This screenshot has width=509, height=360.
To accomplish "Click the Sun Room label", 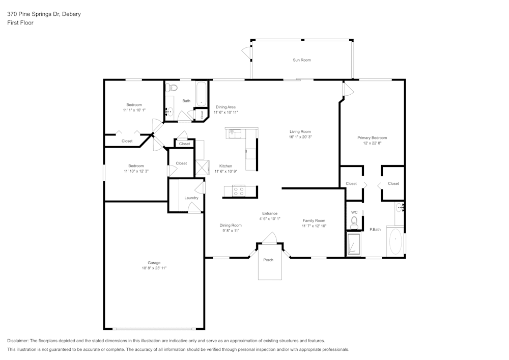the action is point(301,60).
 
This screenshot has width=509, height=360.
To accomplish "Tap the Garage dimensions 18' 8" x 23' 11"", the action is point(154,268).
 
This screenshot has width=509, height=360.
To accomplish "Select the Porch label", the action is point(268,260).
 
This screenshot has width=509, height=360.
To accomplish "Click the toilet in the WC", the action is point(354,223).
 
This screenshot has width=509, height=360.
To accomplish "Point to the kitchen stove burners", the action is point(239,191).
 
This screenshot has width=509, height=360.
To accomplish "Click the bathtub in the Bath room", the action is point(201,94).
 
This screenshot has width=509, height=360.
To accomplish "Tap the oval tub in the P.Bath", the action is point(395,241).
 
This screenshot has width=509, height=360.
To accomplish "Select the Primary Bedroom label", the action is point(372,137).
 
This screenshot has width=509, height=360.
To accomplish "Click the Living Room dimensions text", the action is point(300,137).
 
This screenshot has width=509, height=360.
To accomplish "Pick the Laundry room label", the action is point(191,198).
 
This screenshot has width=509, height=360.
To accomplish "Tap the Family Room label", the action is point(314,221).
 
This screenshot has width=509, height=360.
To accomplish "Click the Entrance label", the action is point(270,213).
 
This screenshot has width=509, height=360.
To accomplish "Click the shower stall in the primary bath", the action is point(354,243).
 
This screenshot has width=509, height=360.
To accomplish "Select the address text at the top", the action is point(44,14).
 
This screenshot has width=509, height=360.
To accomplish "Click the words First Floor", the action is point(20,23).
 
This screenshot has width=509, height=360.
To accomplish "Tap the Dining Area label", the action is point(225,107).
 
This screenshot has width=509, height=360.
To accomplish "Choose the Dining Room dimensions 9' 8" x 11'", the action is point(231,231).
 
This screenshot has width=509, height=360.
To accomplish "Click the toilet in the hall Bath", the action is point(171,88).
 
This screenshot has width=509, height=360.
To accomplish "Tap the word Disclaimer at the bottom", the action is point(18,341).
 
